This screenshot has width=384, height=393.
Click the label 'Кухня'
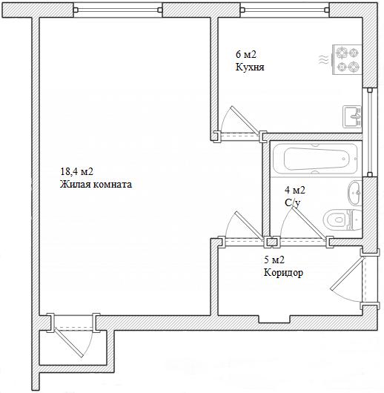pyautogui.click(x=250, y=67)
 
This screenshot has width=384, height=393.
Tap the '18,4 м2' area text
pyautogui.click(x=76, y=172)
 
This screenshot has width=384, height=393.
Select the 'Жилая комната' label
pyautogui.click(x=96, y=185)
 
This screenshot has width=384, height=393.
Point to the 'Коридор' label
pyautogui.click(x=283, y=272)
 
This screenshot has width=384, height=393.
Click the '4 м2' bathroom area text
pyautogui.click(x=295, y=191)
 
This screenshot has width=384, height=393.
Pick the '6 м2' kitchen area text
pyautogui.click(x=246, y=54)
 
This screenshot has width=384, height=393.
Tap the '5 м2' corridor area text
pyautogui.click(x=274, y=260)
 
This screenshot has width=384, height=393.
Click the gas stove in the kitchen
pyautogui.click(x=347, y=59)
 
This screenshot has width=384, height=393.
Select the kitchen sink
pyautogui.click(x=352, y=116)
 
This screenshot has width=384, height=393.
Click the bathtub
pyautogui.click(x=316, y=159)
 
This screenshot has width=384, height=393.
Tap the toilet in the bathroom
pyautogui.click(x=342, y=219)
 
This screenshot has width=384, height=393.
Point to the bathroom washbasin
pyautogui.click(x=354, y=193)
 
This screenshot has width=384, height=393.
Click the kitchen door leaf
pyautogui.click(x=245, y=121)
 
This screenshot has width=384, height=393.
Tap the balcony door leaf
pyautogui.click(x=69, y=343)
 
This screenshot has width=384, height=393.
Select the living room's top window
pyautogui.click(x=118, y=10)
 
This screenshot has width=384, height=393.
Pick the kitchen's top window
pyautogui.click(x=285, y=10)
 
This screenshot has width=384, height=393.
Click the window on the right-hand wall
pyautogui.click(x=369, y=132)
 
